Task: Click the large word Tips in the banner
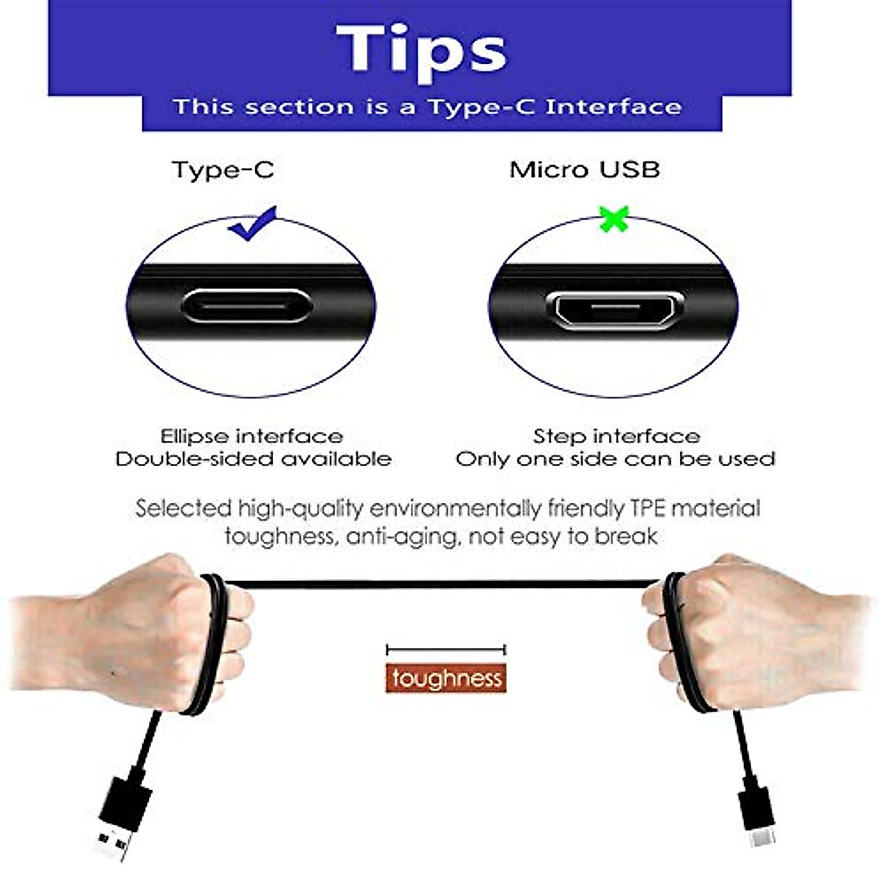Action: (x=422, y=50)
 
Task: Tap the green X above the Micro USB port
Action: (x=614, y=220)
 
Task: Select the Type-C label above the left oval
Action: (x=223, y=170)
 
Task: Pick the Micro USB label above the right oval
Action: (x=584, y=170)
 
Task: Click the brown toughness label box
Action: (x=446, y=678)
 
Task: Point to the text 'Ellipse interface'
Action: (x=251, y=436)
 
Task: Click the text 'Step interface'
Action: (x=617, y=436)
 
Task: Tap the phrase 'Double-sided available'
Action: (x=253, y=459)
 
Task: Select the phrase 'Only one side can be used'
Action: (x=615, y=459)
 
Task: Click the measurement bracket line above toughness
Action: (x=446, y=650)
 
